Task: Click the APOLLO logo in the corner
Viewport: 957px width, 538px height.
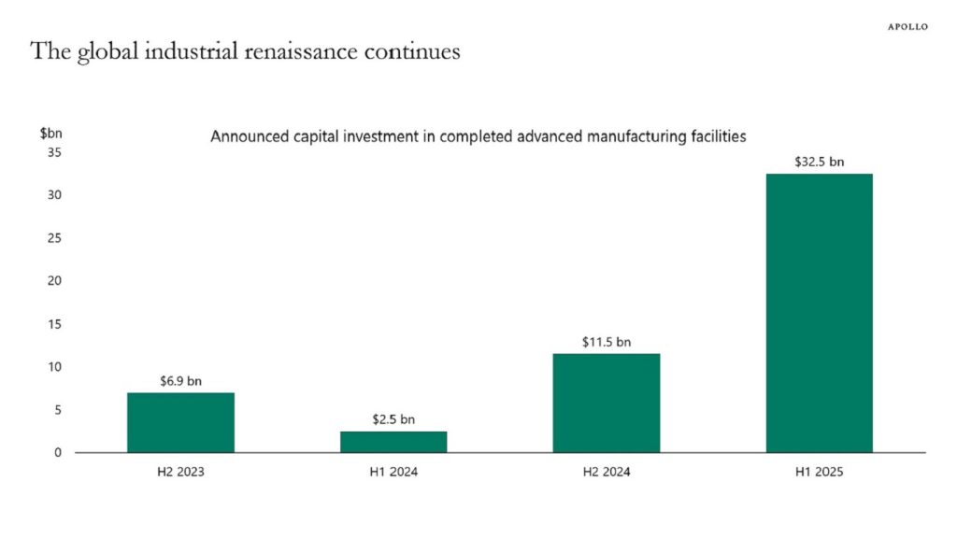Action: click(907, 27)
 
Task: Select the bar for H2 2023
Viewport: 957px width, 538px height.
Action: click(180, 422)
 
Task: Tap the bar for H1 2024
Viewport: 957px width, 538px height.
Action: click(393, 442)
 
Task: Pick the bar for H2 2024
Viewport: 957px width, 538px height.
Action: click(606, 403)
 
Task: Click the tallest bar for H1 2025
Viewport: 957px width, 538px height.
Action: click(819, 313)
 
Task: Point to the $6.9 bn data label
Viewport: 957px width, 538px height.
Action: click(180, 381)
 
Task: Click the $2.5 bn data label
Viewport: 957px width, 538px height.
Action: click(393, 419)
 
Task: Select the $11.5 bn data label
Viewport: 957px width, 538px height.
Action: click(606, 342)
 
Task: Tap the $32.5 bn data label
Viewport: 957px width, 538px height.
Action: click(819, 162)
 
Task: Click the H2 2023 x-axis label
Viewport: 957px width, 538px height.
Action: click(180, 472)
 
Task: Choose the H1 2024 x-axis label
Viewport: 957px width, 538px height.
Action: click(393, 472)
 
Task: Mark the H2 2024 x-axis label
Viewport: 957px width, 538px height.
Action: click(606, 472)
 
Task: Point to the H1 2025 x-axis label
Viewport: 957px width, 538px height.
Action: click(819, 472)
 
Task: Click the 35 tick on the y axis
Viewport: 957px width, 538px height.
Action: click(54, 152)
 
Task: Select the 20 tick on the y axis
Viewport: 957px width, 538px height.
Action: click(54, 281)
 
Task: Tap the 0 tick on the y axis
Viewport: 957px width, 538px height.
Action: click(58, 453)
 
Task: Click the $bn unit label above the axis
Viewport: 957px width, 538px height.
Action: click(50, 134)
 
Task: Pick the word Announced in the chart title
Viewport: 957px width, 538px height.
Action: click(245, 136)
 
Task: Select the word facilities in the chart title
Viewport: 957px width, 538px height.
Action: click(715, 136)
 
